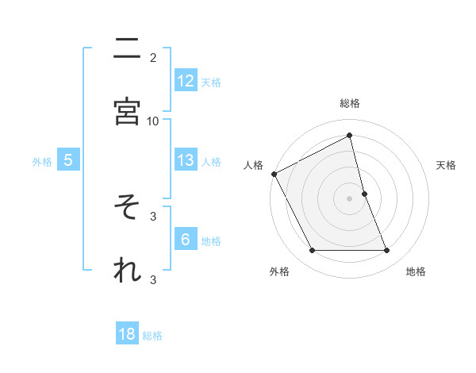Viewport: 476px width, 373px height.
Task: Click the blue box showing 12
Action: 186,80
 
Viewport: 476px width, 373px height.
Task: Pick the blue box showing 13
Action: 186,160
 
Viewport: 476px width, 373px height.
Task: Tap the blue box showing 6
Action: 186,240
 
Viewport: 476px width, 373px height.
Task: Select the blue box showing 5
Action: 68,160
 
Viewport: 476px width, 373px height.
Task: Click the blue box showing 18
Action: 128,334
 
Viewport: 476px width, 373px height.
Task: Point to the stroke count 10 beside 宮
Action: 153,121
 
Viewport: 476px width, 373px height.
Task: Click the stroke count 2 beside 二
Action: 153,57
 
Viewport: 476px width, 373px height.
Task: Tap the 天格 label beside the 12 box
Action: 211,82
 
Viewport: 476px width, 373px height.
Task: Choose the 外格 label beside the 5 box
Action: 42,162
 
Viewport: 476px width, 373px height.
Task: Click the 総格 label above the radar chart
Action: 350,103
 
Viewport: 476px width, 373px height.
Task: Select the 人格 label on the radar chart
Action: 253,165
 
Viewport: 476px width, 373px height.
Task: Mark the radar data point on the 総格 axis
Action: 350,136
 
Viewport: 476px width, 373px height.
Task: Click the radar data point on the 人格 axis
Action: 274,174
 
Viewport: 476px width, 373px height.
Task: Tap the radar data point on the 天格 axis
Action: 364,194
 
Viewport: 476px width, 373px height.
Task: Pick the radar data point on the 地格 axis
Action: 386,251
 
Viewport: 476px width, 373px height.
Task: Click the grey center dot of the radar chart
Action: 350,198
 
